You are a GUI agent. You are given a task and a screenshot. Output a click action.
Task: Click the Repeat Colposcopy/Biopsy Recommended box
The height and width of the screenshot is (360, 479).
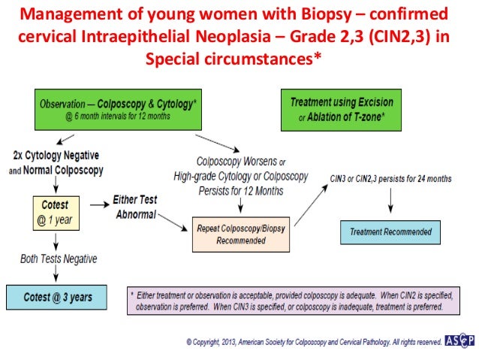pyautogui.click(x=240, y=234)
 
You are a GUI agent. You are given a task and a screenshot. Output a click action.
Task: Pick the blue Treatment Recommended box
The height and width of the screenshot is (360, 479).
pyautogui.click(x=390, y=232)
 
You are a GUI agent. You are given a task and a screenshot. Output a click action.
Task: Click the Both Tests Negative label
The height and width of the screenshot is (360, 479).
pyautogui.click(x=58, y=259)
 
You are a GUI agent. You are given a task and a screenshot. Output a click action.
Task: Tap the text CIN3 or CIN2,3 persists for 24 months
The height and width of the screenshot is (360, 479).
pyautogui.click(x=390, y=178)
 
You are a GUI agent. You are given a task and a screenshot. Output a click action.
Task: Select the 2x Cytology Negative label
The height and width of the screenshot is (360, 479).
pyautogui.click(x=56, y=156)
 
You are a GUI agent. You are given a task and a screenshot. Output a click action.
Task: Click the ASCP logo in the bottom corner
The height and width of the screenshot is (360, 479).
pyautogui.click(x=459, y=340)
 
